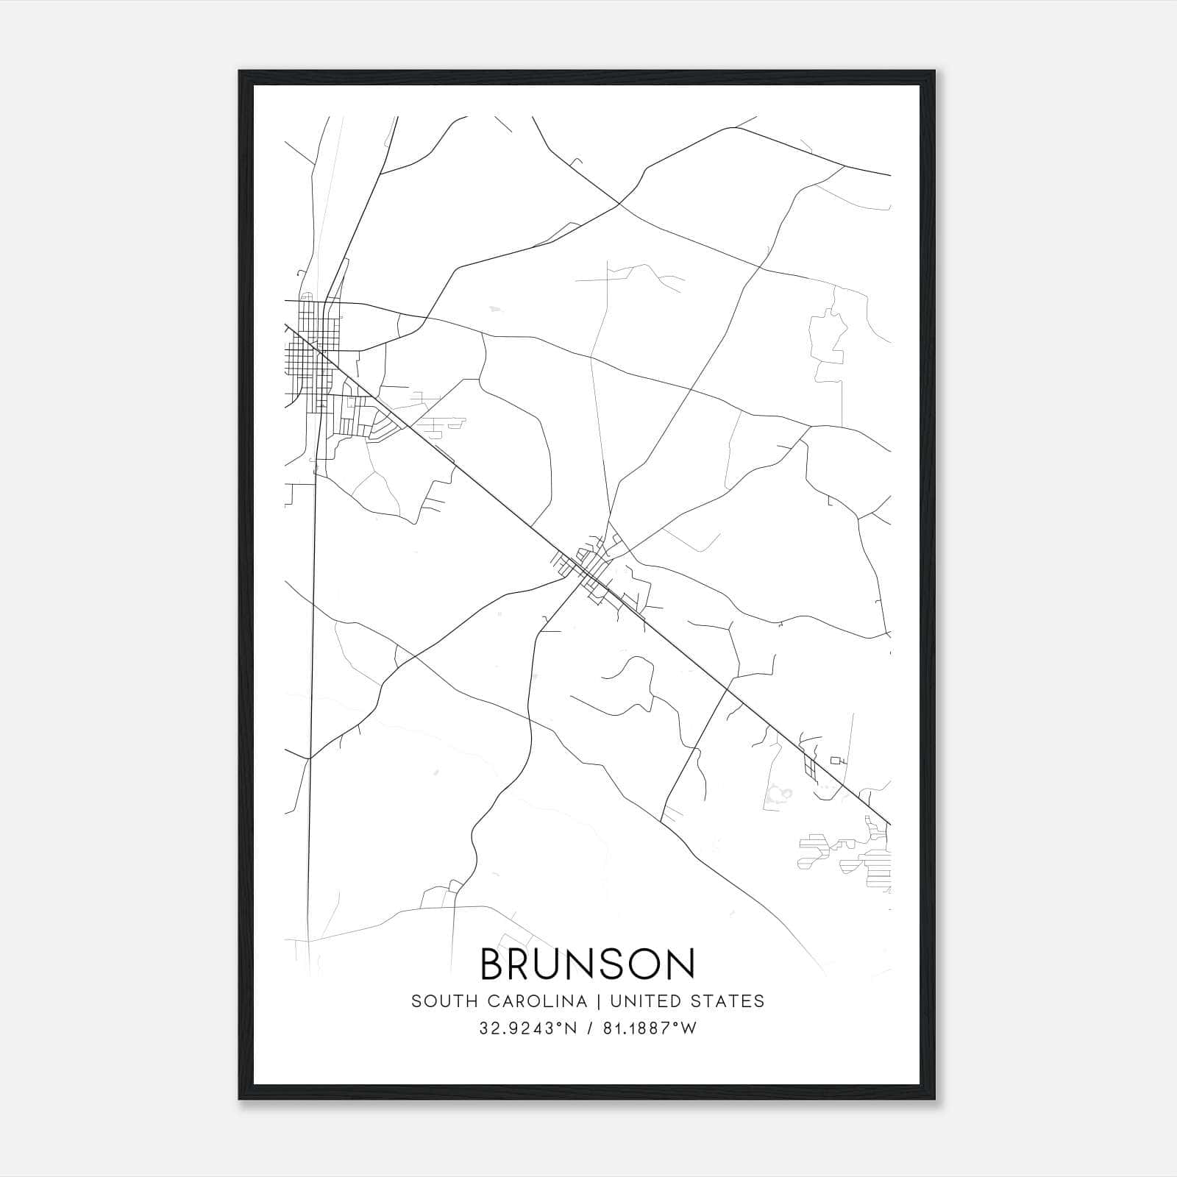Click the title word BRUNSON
[x=588, y=964]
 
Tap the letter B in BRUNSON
[x=494, y=964]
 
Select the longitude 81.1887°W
[x=650, y=1028]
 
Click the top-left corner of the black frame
[x=241, y=72]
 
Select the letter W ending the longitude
[x=689, y=1028]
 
